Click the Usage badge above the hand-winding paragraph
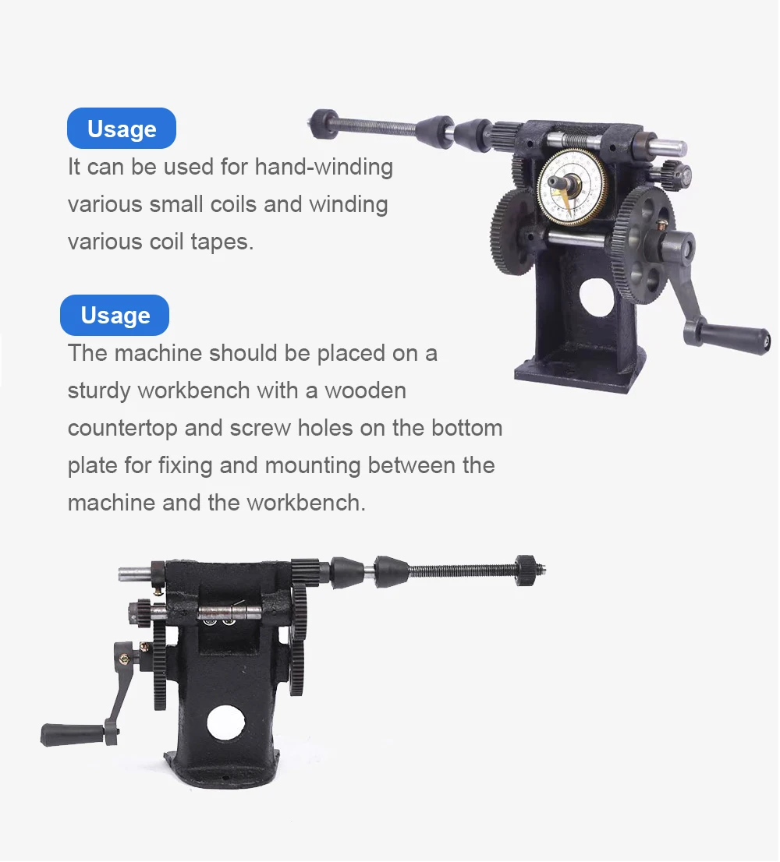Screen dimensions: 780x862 [122, 128]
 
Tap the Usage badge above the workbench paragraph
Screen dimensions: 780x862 [115, 315]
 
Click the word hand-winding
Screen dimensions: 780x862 [324, 167]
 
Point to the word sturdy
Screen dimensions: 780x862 [99, 391]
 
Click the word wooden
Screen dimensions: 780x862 [365, 390]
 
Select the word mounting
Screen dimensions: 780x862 [312, 465]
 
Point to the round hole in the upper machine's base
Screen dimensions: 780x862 [597, 298]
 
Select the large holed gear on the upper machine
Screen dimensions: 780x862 [643, 245]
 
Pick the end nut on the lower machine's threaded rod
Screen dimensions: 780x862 [526, 570]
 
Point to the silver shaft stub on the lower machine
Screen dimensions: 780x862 [135, 574]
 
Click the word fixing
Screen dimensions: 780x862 [185, 465]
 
